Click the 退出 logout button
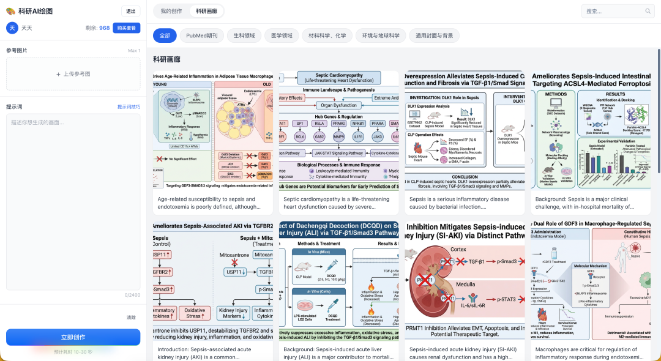point(130,11)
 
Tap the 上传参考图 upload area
point(73,74)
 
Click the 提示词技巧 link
point(129,107)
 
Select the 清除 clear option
point(131,318)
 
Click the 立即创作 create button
point(73,337)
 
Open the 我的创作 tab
point(171,11)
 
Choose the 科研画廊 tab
point(206,11)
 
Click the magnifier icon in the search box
point(648,11)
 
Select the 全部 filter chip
point(165,35)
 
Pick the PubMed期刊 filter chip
point(202,35)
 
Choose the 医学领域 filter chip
point(282,35)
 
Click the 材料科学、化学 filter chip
point(327,35)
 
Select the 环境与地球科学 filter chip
point(380,35)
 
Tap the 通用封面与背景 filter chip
point(434,35)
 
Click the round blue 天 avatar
point(12,28)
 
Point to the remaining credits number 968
point(105,28)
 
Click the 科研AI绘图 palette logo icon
point(10,11)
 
